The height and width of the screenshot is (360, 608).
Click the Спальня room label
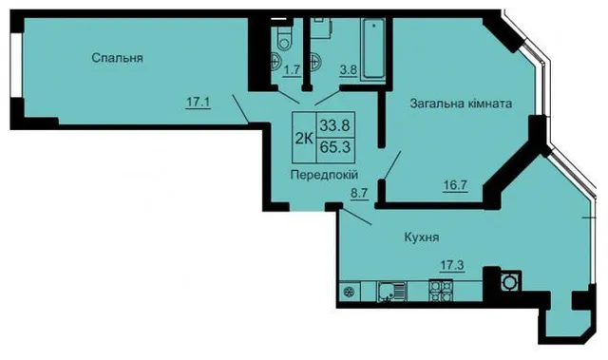tap(118, 58)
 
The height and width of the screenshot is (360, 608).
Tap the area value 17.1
tap(199, 103)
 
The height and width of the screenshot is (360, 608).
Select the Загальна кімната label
tap(461, 104)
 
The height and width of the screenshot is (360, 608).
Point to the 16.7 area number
tap(455, 185)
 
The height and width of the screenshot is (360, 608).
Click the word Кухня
tap(422, 237)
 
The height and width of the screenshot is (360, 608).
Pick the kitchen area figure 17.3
tap(452, 265)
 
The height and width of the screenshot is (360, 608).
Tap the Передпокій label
tap(324, 175)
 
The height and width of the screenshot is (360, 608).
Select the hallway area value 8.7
tap(359, 194)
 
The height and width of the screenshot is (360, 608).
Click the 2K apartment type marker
tap(304, 138)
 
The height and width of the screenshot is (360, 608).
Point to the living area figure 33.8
tap(335, 125)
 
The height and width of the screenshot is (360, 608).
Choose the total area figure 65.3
tap(335, 147)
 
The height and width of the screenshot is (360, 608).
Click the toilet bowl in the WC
tap(284, 38)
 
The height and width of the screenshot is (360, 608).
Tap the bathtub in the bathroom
tap(373, 48)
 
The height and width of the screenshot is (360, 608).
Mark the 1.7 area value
tap(292, 70)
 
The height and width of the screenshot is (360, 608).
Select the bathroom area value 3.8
tap(348, 70)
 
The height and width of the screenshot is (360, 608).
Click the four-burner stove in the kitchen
tap(441, 291)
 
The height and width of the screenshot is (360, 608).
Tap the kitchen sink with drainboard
tap(391, 292)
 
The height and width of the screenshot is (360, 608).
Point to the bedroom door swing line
tap(240, 108)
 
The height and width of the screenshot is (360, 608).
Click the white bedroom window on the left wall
tap(16, 65)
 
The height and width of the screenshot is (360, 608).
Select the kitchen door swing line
tap(356, 217)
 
